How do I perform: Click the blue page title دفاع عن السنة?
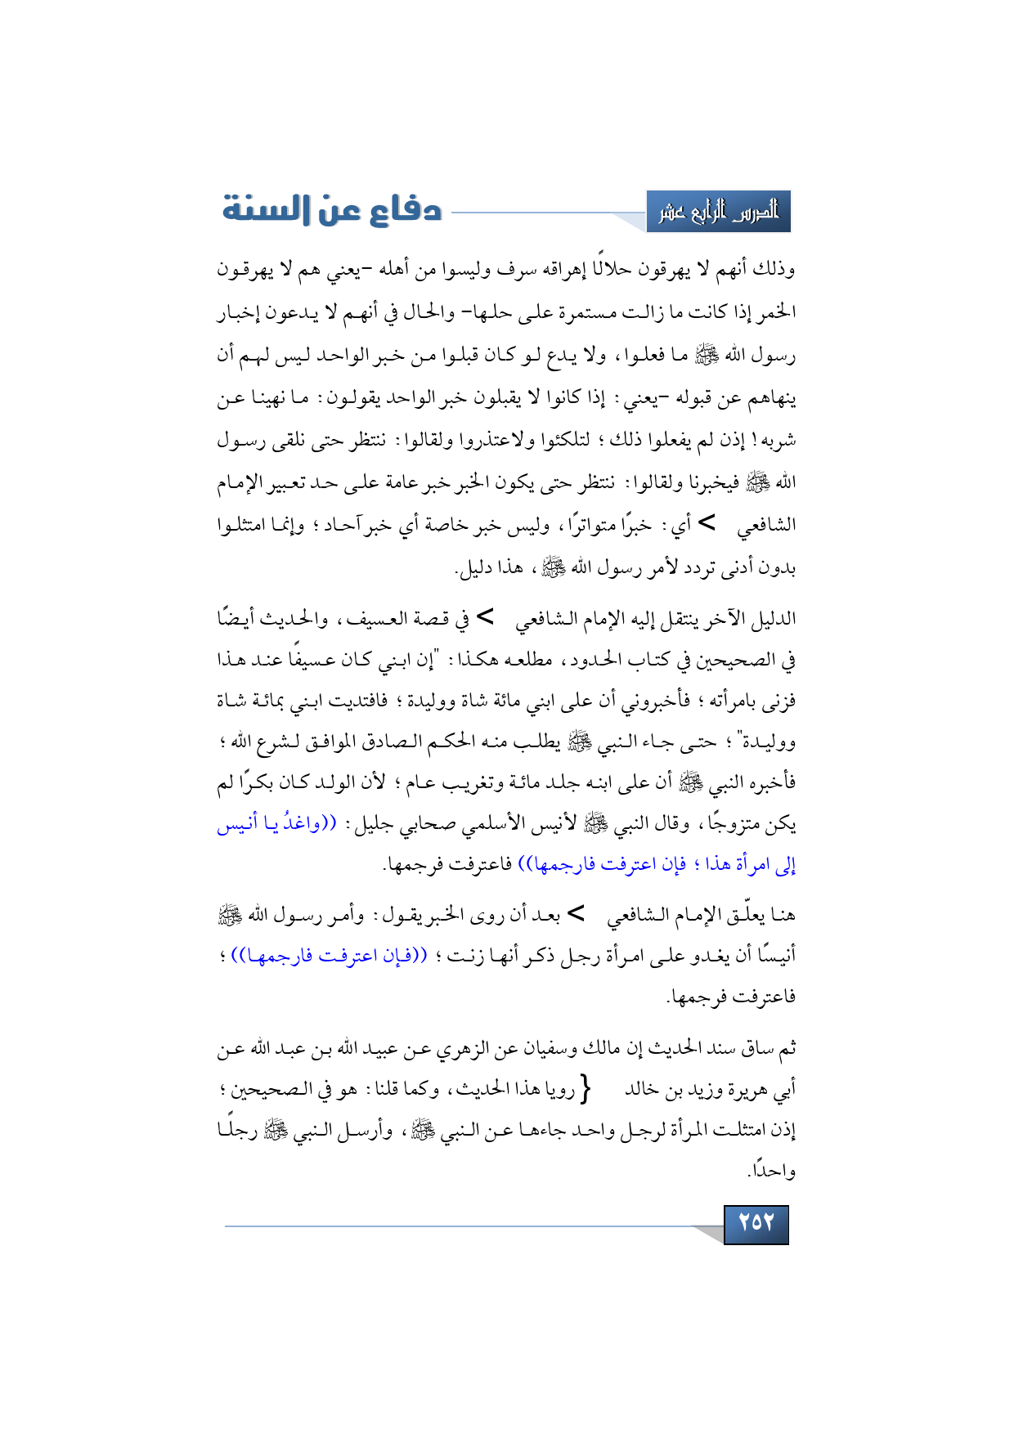(332, 210)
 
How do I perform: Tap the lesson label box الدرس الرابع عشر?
(718, 213)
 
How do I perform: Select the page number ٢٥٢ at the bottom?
(756, 1223)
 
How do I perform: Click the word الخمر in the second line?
(778, 313)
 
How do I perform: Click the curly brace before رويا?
(584, 1091)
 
